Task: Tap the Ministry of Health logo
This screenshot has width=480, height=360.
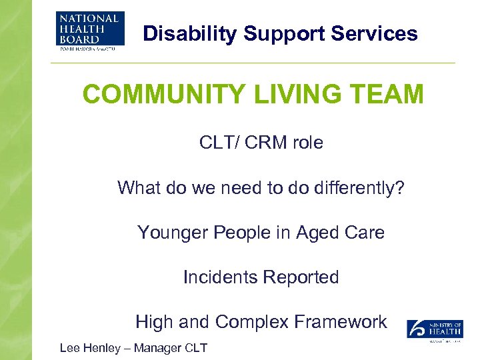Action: pos(435,331)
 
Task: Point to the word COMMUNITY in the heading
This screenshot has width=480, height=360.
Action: pos(165,95)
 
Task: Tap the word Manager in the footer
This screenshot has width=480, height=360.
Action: pos(162,348)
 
